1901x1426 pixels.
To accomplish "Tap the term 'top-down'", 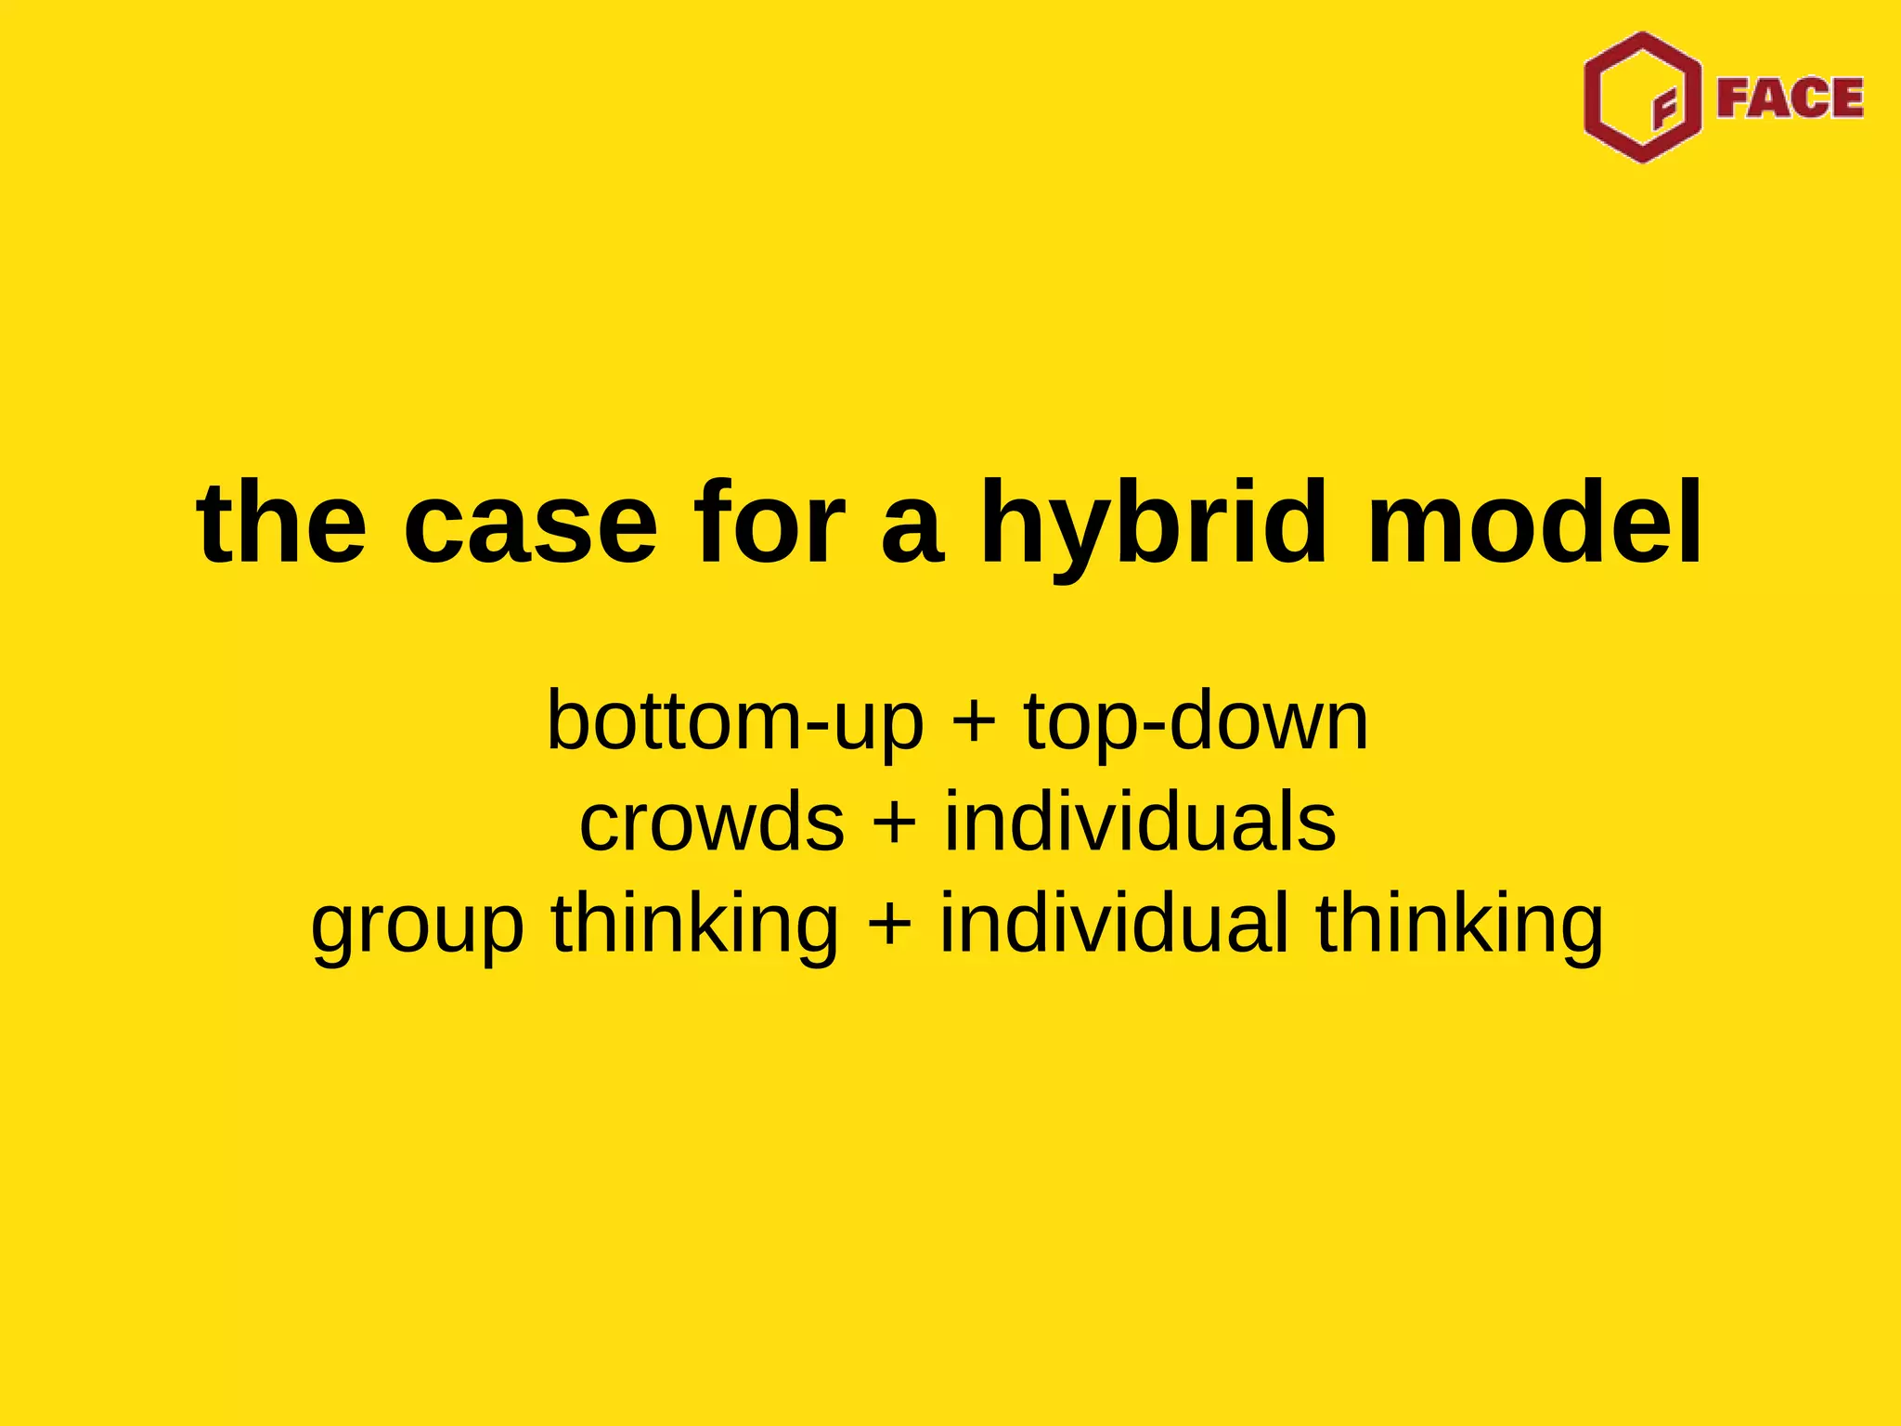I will tap(1196, 721).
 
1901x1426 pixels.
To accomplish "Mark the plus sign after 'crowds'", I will tap(895, 823).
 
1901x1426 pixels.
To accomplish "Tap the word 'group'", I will tap(418, 927).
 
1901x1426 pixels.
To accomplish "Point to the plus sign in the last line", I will tap(889, 925).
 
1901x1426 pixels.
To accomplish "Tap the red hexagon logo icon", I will tap(1643, 97).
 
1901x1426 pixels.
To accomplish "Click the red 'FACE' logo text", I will tap(1790, 98).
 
